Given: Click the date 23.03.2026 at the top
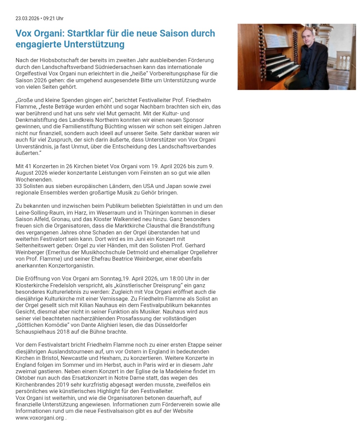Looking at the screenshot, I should [x=27, y=18].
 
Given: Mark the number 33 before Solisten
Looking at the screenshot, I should [x=19, y=186].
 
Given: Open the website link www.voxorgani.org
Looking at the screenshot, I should [x=40, y=418].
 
